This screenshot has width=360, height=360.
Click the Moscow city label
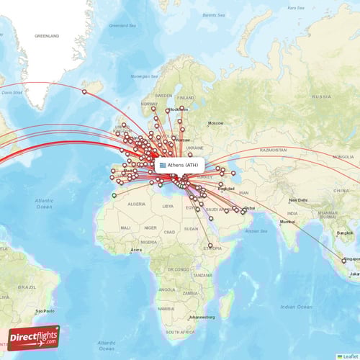click(215, 123)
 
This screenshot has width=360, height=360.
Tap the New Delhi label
click(298, 200)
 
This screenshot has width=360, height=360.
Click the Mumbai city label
click(287, 221)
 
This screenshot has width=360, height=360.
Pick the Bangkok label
click(343, 234)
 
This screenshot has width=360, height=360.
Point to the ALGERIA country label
click(136, 204)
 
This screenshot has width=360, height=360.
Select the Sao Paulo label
click(45, 310)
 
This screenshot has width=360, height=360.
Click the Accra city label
click(135, 250)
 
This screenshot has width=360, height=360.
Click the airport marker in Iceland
click(84, 91)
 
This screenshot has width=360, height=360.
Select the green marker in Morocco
click(114, 194)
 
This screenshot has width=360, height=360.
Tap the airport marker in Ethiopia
click(210, 246)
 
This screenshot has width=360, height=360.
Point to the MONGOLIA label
click(343, 156)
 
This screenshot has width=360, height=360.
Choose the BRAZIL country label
click(27, 286)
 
